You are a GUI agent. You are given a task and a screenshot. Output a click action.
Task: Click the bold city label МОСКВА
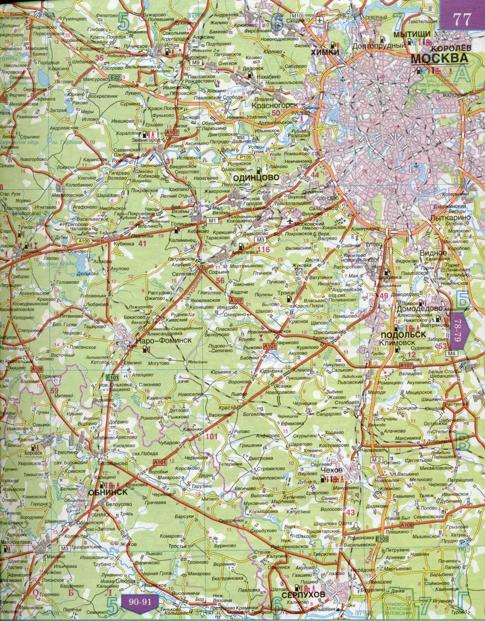click(439, 58)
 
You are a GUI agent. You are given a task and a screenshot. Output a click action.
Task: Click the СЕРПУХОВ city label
click(304, 594)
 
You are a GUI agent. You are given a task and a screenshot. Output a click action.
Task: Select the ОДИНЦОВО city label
click(256, 177)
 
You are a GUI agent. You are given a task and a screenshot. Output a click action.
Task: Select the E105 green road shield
click(382, 538)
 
